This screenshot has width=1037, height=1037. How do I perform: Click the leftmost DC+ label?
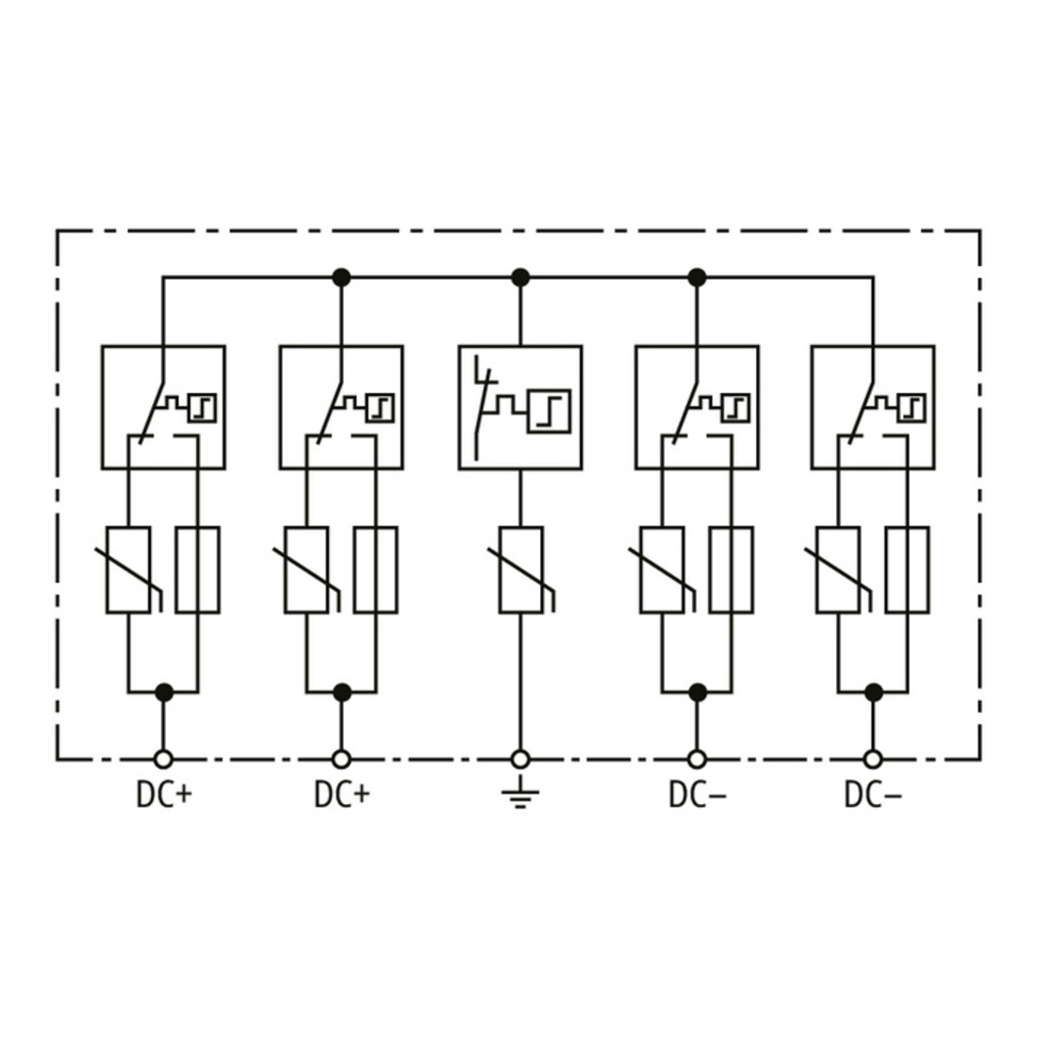coord(164,795)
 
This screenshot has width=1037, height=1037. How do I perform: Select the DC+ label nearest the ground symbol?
coord(342,795)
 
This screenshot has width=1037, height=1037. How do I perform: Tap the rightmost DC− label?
coord(873,795)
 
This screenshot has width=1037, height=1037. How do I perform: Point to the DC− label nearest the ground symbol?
coord(697,795)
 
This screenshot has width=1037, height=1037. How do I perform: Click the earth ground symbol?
coord(520,794)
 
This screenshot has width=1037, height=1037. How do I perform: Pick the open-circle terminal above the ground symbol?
coord(520,759)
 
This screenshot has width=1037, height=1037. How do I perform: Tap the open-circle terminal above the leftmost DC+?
coord(163,759)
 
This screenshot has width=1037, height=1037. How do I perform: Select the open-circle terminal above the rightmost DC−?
coord(873,759)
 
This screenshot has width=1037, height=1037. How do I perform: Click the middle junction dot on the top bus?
coord(520,278)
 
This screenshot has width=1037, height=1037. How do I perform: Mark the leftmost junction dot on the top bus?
coord(341,278)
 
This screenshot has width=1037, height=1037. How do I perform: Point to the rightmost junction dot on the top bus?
coord(697,278)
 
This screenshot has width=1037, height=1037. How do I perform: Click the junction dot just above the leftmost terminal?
coord(164,693)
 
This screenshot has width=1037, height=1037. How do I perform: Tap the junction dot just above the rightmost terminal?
coord(874,693)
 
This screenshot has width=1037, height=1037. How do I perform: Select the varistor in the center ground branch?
coord(521,570)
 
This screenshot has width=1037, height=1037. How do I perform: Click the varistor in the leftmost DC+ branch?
coord(128,570)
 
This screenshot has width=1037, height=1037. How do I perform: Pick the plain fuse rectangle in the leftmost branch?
coord(198,570)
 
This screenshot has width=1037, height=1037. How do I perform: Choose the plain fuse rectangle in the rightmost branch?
coord(907,570)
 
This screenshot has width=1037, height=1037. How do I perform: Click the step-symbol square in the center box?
coord(549,411)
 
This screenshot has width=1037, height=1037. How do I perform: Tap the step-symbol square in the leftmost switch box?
coord(203,407)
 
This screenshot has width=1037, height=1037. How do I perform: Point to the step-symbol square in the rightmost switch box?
coord(912,407)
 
